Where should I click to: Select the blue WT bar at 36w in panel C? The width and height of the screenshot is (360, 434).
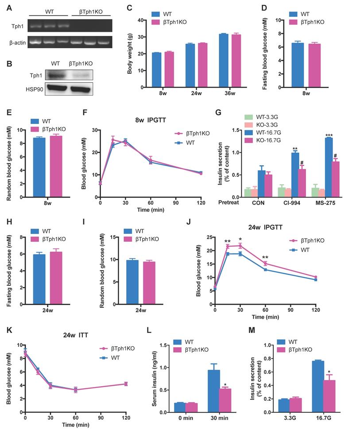click(x=224, y=61)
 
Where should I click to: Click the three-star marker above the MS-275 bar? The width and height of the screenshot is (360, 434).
click(x=329, y=135)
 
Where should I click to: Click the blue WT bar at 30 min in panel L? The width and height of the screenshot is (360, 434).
click(x=214, y=391)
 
